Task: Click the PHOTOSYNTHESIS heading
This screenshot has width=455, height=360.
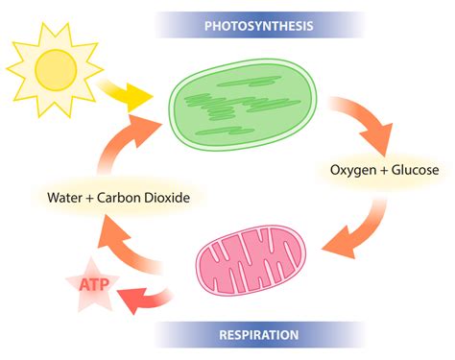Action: [259, 25]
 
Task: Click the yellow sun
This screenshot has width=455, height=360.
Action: [54, 66]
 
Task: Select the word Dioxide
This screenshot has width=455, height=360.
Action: [162, 199]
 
